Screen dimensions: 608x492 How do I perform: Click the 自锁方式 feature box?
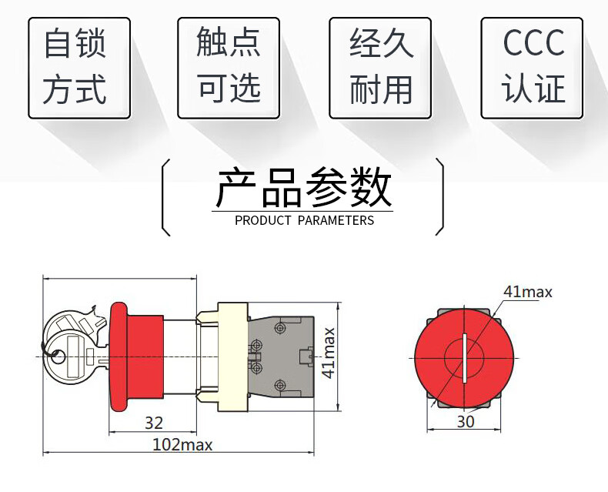(79, 68)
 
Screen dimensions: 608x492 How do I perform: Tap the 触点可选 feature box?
(229, 68)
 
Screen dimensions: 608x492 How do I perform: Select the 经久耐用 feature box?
(380, 68)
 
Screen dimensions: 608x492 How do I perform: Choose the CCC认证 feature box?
(532, 68)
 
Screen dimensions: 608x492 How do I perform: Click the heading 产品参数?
(302, 187)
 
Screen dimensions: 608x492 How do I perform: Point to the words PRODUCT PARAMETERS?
(305, 220)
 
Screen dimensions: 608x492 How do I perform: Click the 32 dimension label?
(154, 423)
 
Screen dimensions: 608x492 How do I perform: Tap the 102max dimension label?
(182, 445)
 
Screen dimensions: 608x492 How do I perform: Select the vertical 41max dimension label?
(329, 353)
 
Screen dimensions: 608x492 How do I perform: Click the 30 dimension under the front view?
(466, 421)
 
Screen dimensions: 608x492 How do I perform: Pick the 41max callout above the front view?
(528, 291)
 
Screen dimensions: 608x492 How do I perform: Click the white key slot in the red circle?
(464, 357)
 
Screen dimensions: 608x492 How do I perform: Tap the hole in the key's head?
(58, 357)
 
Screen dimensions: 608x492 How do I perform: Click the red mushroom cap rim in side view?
(119, 356)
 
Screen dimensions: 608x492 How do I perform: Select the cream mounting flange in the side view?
(232, 357)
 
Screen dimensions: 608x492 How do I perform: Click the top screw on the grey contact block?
(279, 328)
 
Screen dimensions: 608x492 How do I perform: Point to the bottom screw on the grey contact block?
(279, 386)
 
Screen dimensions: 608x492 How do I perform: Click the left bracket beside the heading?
(165, 196)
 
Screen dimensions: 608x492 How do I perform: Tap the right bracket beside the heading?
(439, 196)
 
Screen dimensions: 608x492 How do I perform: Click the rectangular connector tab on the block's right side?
(306, 356)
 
